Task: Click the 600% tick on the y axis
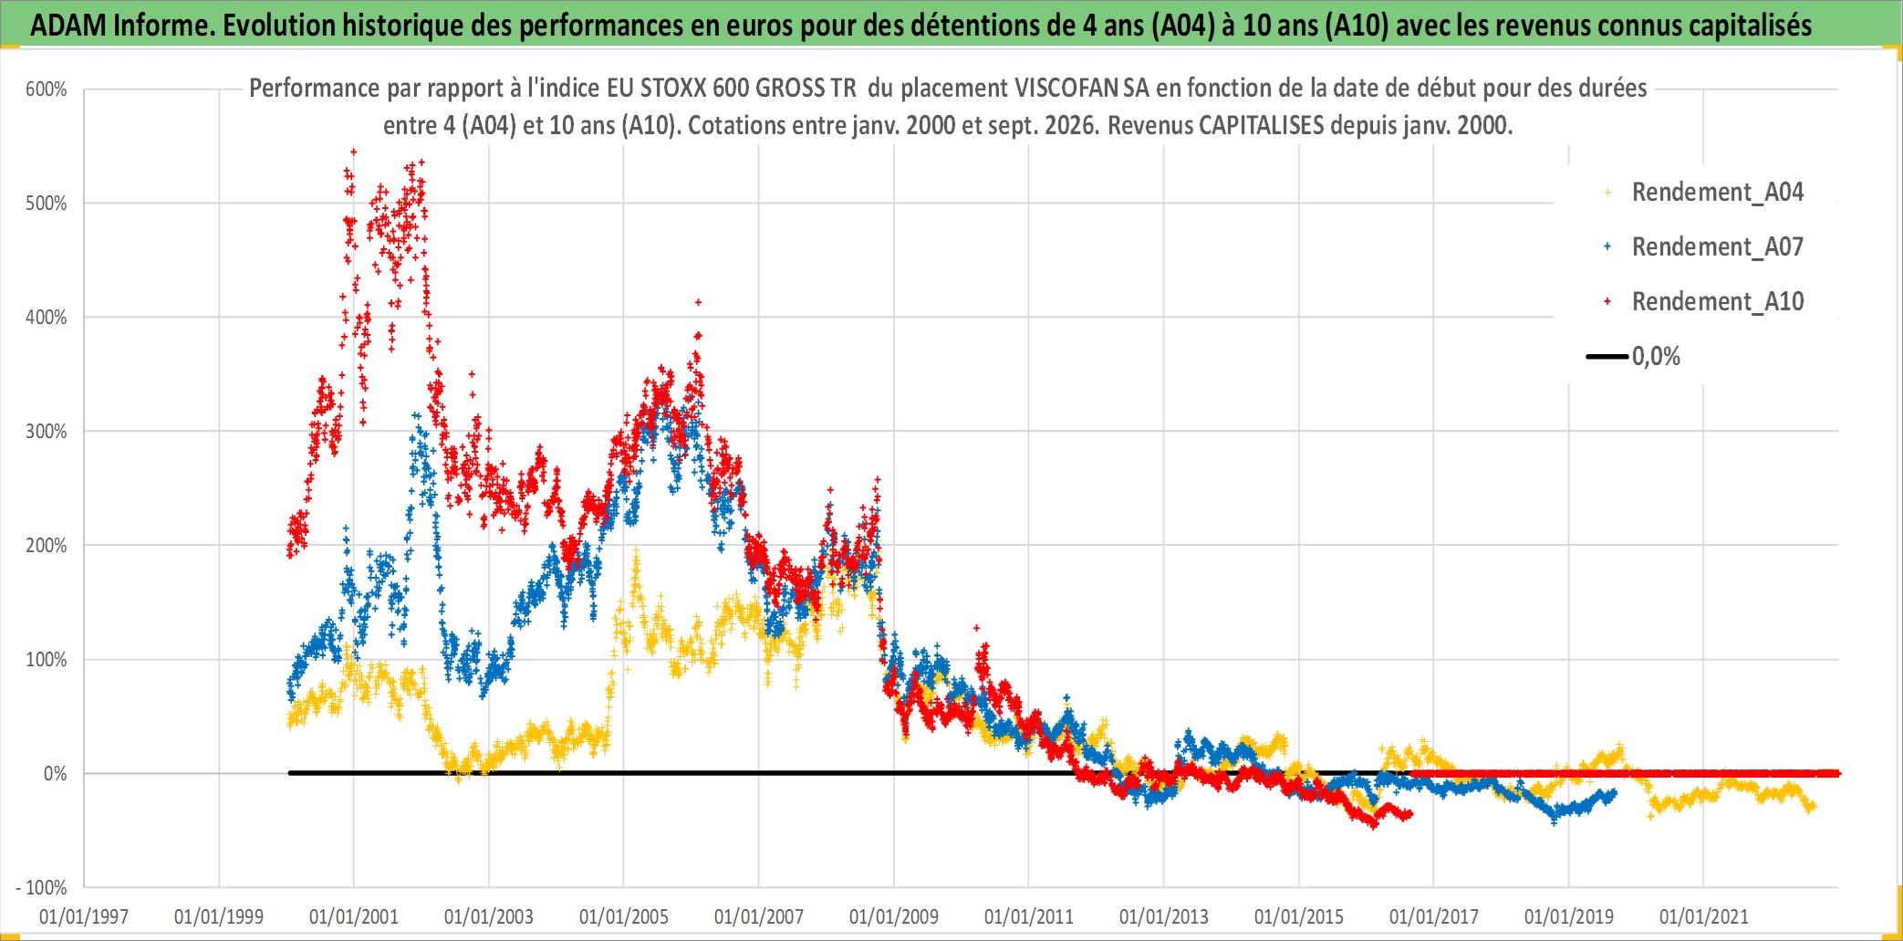point(47,89)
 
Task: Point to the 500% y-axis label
point(47,204)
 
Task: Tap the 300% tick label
point(47,432)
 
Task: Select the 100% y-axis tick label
point(47,660)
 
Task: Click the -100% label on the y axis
point(42,888)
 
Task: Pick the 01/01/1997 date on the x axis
point(84,916)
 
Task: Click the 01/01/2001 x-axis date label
point(354,916)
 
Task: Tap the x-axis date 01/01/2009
point(894,916)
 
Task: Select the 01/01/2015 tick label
point(1299,916)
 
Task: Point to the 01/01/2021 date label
point(1704,916)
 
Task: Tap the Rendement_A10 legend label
point(1718,302)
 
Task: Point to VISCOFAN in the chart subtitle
point(1066,89)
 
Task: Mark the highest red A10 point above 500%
point(354,152)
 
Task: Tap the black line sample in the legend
point(1607,357)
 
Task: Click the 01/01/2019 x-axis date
point(1569,916)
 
